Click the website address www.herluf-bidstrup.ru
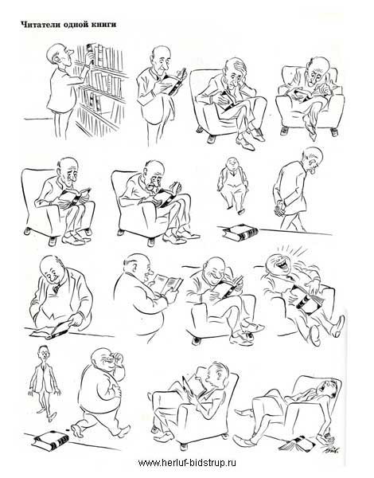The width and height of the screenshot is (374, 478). coord(187,462)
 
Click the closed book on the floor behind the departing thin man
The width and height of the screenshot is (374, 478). coord(240,233)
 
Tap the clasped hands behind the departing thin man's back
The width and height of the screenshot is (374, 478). coord(279,210)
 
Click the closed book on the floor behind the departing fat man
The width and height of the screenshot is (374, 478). coord(50,441)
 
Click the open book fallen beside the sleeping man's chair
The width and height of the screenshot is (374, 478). coord(294,443)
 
